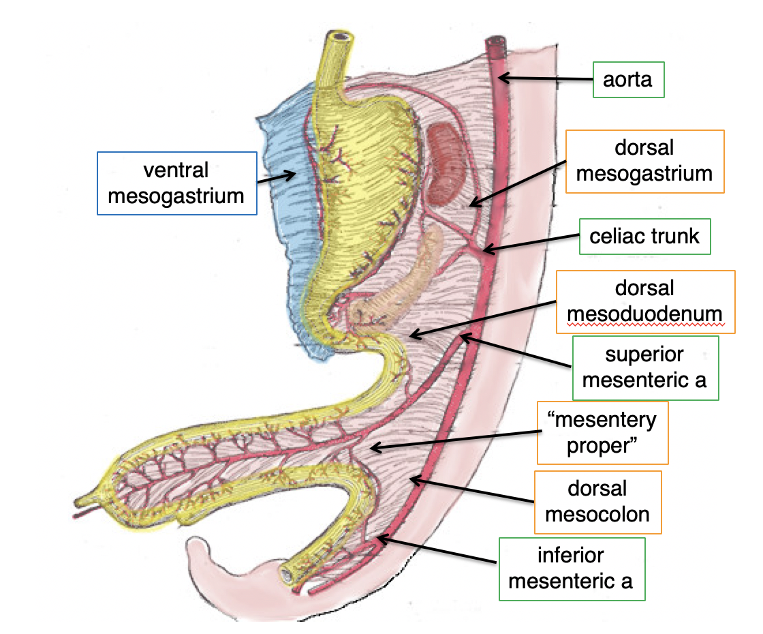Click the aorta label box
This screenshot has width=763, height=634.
point(627,80)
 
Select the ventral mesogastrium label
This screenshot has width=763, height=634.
point(176,183)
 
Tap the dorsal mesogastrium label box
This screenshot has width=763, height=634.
point(644,162)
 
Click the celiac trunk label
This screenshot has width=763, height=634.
point(644,237)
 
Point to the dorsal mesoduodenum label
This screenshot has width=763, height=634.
point(645,302)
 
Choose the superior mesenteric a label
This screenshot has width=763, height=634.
point(644,368)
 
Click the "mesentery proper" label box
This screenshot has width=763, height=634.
point(602,432)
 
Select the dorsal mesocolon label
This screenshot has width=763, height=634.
point(597,501)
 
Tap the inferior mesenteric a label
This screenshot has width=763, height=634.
point(571,569)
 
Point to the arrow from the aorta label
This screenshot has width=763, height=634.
point(545,79)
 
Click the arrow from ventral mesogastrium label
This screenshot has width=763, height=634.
point(277,178)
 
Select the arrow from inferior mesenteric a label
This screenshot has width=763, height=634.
point(436,551)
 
